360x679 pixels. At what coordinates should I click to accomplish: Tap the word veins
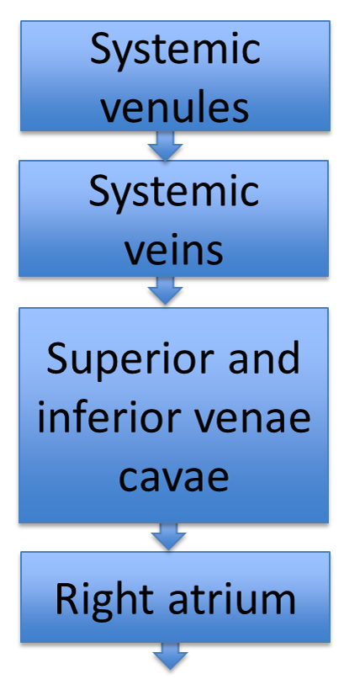(174, 250)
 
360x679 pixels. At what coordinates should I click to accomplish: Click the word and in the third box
(264, 358)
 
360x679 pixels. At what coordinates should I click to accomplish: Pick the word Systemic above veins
(173, 193)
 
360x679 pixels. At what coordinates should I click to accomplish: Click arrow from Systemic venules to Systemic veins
(166, 146)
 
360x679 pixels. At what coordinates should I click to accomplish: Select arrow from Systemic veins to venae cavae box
(166, 290)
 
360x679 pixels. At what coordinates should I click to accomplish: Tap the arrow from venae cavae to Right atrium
(168, 537)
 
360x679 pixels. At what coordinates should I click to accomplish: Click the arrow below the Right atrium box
(170, 656)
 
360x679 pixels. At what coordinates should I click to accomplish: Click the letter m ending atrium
(278, 602)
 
